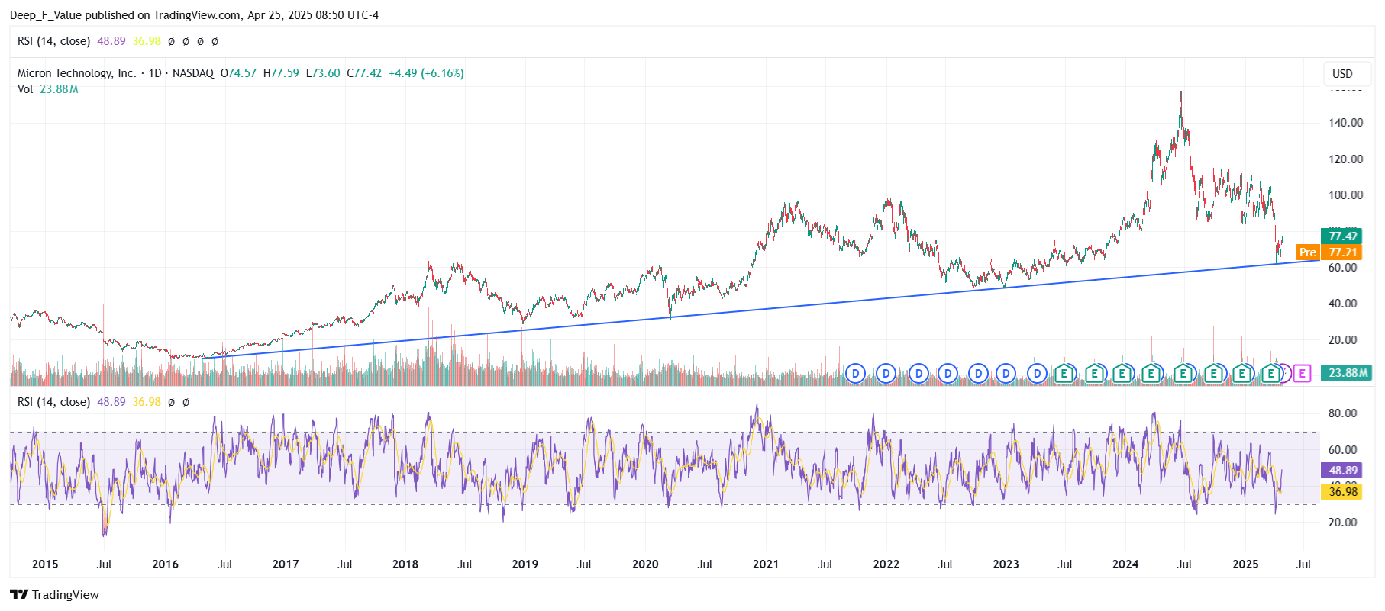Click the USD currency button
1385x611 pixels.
click(1342, 74)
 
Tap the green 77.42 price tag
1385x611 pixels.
click(1342, 236)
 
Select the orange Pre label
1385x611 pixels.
click(1307, 252)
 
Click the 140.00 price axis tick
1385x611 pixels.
click(1345, 122)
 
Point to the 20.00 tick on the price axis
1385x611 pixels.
click(1345, 340)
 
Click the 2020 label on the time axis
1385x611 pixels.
click(645, 564)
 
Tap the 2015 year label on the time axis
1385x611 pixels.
click(45, 564)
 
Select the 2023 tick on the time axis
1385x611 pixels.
click(1006, 564)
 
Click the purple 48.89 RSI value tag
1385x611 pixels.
click(1342, 471)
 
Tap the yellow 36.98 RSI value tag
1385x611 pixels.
click(1342, 491)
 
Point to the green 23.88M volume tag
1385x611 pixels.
click(1348, 373)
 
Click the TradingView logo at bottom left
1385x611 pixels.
click(54, 595)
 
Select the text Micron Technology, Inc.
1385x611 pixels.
click(76, 73)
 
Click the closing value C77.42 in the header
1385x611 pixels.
click(364, 73)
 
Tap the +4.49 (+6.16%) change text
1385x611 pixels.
click(426, 73)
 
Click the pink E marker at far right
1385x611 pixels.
click(1303, 373)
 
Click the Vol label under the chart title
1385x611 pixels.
click(25, 89)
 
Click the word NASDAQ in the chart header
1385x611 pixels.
click(193, 73)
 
